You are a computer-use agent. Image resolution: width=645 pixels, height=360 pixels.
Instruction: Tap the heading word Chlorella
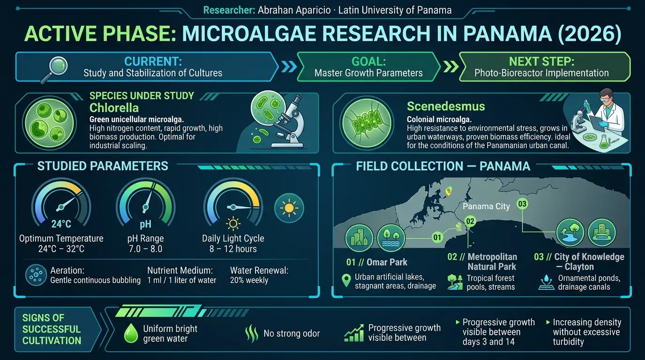[x=114, y=108]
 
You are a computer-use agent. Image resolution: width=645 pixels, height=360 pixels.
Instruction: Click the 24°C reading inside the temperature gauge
[x=61, y=224]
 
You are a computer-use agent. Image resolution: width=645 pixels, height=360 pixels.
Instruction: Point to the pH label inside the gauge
[x=145, y=224]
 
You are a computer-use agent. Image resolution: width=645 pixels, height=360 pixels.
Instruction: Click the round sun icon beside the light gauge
[x=289, y=208]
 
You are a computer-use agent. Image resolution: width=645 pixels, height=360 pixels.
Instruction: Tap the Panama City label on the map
[x=486, y=206]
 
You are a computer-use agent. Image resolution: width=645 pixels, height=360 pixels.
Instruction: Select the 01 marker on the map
[x=437, y=237]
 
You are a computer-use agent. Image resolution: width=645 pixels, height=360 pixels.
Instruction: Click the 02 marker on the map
[x=470, y=221]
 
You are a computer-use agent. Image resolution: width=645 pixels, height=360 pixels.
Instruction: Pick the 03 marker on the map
[x=522, y=204]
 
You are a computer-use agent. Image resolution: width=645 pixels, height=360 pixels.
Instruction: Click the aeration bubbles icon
[x=36, y=275]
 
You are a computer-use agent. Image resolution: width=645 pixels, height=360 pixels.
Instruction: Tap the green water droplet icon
[x=131, y=333]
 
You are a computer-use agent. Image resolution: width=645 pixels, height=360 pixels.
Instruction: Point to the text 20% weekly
[x=249, y=280]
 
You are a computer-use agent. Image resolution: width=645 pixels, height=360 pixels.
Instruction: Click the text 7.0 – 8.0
[x=145, y=248]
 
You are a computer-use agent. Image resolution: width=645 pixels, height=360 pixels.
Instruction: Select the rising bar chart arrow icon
[x=354, y=333]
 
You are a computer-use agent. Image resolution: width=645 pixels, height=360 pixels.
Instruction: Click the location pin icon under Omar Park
[x=346, y=281]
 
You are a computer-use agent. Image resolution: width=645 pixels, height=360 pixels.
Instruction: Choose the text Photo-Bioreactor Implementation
[x=541, y=73]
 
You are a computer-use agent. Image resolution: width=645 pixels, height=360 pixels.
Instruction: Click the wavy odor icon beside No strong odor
[x=252, y=334]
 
